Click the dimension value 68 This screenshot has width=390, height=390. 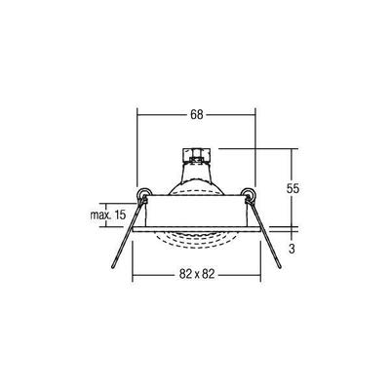(x=196, y=115)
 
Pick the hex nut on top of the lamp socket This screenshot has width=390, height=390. (x=195, y=156)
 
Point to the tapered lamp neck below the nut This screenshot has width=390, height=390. (x=195, y=174)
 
